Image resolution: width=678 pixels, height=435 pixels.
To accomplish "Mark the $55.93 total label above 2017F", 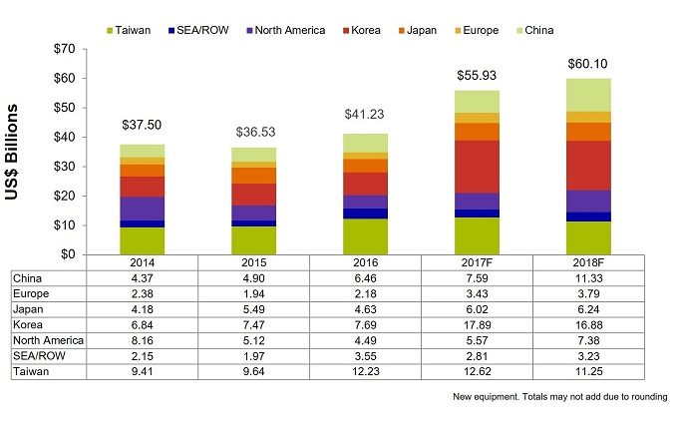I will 478,75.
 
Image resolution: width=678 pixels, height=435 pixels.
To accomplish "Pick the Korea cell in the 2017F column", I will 478,325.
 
